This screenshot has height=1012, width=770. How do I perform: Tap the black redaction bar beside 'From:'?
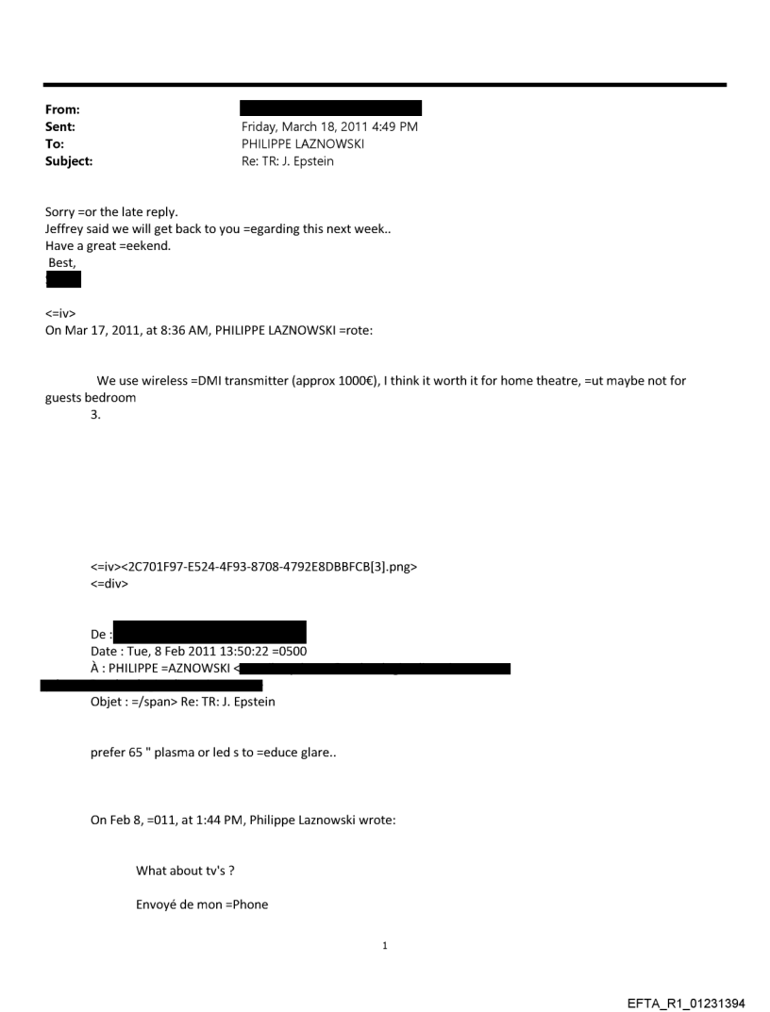(330, 108)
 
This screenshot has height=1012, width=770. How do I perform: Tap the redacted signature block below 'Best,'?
(63, 279)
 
